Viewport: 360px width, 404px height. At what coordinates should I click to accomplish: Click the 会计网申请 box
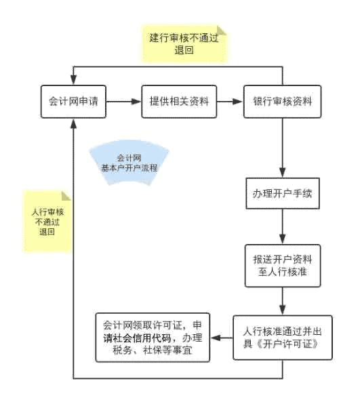73,102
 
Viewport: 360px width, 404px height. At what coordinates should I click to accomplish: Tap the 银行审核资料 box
282,102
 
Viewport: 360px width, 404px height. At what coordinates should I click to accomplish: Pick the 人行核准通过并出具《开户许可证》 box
283,338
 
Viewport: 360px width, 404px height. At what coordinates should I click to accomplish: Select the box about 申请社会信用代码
152,338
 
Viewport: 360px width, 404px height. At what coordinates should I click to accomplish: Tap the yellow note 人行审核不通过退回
47,221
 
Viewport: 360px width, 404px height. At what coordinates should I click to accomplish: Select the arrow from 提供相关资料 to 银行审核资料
228,102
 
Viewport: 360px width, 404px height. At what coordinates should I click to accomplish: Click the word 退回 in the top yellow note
184,50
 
